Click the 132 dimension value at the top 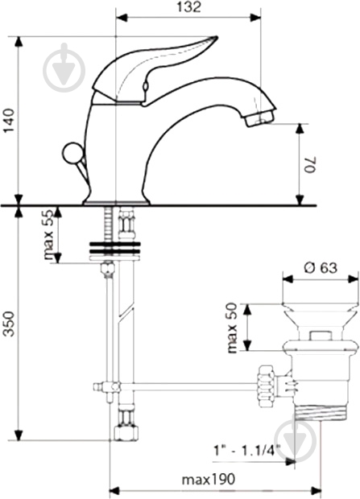coord(189,7)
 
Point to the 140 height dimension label coord(10,121)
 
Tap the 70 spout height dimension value coord(309,164)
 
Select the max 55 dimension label coord(48,235)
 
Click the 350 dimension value coord(10,324)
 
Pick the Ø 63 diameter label coord(321,268)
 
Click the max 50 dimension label coord(232,328)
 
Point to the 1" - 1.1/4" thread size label coord(246,451)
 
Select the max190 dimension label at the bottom coord(209,479)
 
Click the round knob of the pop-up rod coord(73,154)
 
